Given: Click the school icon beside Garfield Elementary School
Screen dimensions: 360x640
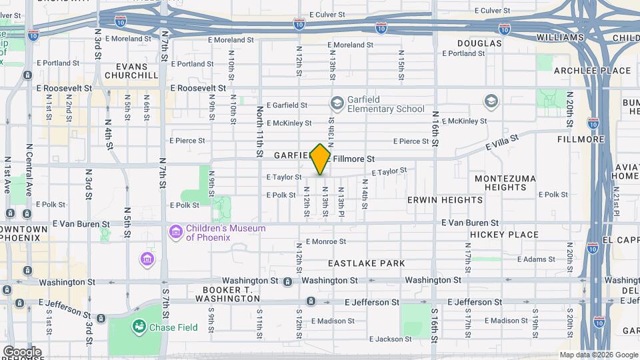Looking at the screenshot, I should click(337, 103).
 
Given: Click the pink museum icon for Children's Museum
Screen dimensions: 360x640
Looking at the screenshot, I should click(176, 232).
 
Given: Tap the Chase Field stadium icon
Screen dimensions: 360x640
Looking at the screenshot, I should click(139, 327).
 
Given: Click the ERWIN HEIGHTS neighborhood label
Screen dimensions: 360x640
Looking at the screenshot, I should click(445, 199).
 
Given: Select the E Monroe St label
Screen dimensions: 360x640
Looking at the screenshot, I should click(327, 241).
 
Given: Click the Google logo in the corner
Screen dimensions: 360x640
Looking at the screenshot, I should click(21, 351).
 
